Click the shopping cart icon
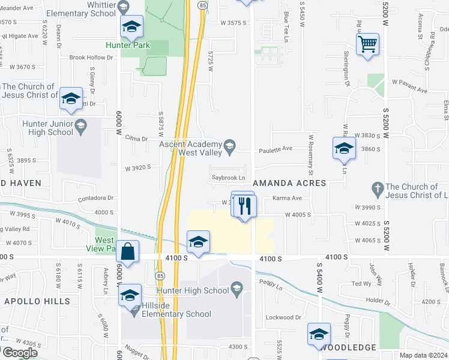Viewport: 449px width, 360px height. [x=367, y=44]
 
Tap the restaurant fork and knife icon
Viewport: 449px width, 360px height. [x=244, y=206]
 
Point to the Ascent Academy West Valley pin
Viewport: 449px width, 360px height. [x=229, y=145]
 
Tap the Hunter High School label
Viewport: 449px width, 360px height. [x=197, y=290]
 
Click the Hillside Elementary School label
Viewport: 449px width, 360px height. [x=176, y=314]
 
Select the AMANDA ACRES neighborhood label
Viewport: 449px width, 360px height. [x=289, y=182]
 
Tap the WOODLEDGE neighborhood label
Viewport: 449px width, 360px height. [x=348, y=347]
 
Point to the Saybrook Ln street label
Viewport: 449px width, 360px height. [x=228, y=178]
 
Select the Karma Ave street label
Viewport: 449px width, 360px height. [x=287, y=198]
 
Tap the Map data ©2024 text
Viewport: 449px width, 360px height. [x=422, y=355]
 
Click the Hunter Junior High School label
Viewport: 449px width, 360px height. [x=39, y=128]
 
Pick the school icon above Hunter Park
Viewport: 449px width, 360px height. [x=131, y=26]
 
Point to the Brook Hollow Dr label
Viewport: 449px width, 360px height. [x=91, y=58]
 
